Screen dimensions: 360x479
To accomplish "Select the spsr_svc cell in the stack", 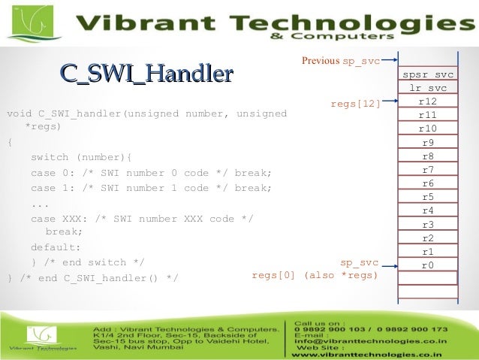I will pyautogui.click(x=428, y=75).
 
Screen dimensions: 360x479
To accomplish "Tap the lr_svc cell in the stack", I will pyautogui.click(x=428, y=89).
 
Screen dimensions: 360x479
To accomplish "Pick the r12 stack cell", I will pyautogui.click(x=428, y=101).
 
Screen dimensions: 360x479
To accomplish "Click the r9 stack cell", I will pyautogui.click(x=428, y=143).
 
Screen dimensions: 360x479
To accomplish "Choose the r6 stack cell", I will pyautogui.click(x=428, y=183).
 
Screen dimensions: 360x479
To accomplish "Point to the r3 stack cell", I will pyautogui.click(x=428, y=225).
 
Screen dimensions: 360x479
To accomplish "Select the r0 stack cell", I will pyautogui.click(x=428, y=265).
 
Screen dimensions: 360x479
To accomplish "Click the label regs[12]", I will pyautogui.click(x=356, y=104).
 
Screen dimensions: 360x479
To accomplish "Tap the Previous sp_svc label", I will pyautogui.click(x=340, y=61).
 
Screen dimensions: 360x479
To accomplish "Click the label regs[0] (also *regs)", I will pyautogui.click(x=315, y=275).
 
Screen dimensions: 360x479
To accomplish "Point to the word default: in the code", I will pyautogui.click(x=56, y=247).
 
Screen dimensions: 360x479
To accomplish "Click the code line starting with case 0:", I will pyautogui.click(x=150, y=173).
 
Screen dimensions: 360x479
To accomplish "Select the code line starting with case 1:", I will pyautogui.click(x=150, y=188).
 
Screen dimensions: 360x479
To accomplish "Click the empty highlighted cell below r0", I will pyautogui.click(x=428, y=278).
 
